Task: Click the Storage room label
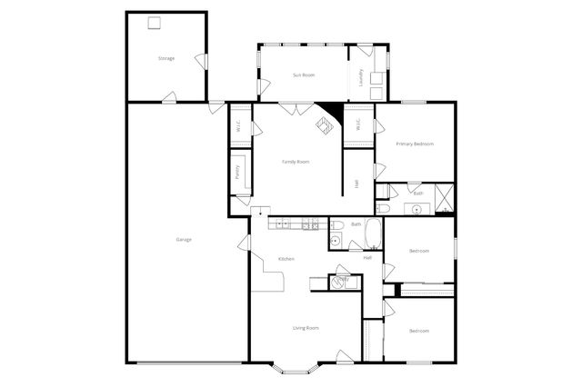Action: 166,58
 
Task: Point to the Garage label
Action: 184,239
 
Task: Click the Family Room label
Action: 296,162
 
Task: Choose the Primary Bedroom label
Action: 415,144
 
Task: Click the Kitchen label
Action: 286,260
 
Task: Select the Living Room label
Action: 306,327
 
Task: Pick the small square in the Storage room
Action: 155,23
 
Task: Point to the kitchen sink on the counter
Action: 283,223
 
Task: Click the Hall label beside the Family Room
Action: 356,183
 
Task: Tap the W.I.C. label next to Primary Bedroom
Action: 358,124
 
